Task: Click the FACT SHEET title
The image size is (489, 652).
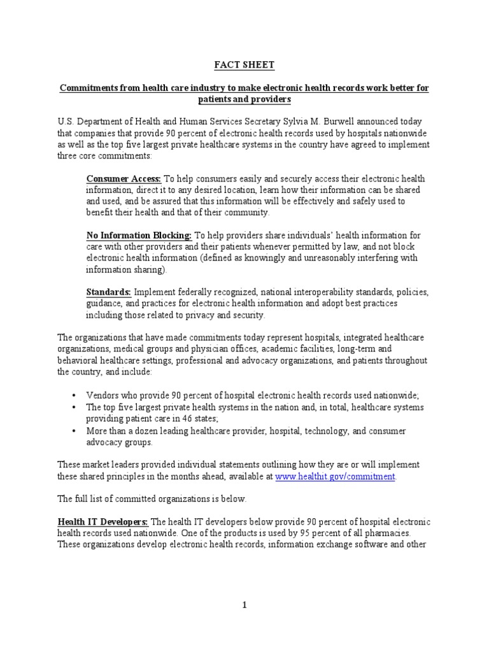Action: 244,64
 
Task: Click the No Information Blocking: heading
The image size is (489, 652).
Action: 139,236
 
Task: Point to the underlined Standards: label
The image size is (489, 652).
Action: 109,292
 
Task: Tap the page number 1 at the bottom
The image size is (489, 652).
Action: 244,606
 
